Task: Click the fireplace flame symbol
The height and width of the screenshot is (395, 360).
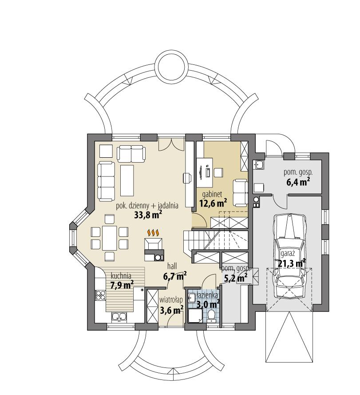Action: (153, 232)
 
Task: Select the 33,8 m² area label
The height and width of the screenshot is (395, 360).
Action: (148, 215)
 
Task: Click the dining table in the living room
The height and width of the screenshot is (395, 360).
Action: (110, 237)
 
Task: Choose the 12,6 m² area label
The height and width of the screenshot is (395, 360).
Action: (213, 203)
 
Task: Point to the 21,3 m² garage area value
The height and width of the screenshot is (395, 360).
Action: (292, 263)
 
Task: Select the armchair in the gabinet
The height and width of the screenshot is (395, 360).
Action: (240, 189)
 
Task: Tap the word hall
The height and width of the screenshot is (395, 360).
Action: (172, 266)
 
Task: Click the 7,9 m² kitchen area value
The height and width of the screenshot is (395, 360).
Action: (122, 284)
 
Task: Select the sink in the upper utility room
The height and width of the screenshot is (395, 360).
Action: (259, 165)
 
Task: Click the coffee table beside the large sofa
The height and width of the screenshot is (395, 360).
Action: (127, 180)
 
